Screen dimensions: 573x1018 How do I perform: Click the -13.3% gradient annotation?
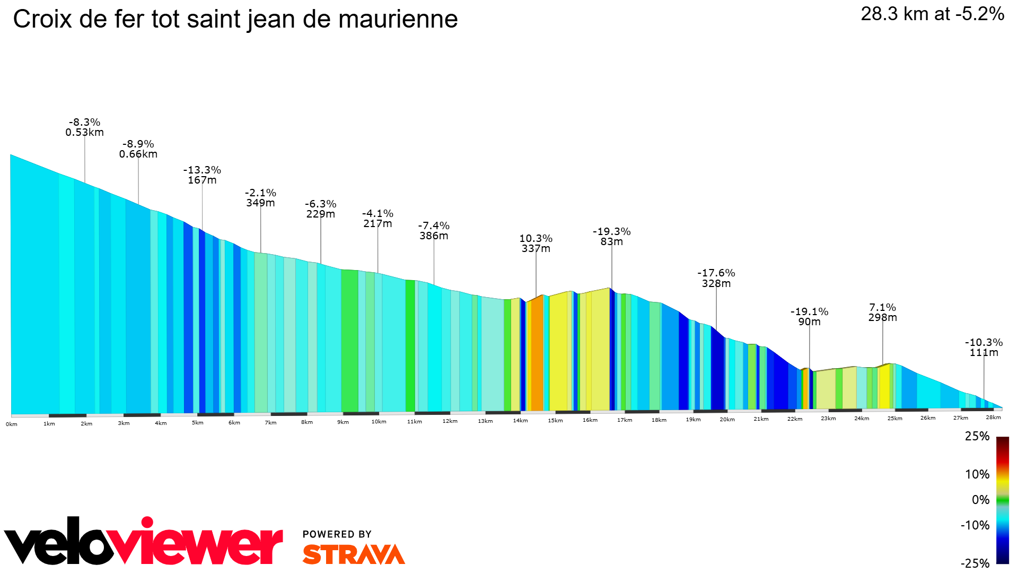[202, 175]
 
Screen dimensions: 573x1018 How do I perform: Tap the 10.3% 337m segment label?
[536, 244]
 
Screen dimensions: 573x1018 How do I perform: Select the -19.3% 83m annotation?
[611, 237]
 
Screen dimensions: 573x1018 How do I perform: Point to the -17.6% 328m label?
[716, 278]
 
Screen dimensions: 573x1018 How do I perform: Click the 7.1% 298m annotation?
[882, 312]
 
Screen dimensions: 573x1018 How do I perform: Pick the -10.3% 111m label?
[984, 348]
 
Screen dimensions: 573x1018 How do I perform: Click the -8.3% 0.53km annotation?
[84, 127]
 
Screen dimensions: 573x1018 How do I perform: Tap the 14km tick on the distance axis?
[520, 421]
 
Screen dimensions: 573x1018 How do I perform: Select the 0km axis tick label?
[12, 424]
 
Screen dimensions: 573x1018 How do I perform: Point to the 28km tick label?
[993, 418]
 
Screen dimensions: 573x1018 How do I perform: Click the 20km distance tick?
[727, 420]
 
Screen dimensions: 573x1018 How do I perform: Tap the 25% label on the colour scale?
[977, 436]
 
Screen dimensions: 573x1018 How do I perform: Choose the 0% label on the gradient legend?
[980, 500]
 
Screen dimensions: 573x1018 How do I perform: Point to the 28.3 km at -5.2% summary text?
[932, 14]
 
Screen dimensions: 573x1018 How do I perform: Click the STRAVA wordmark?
[354, 554]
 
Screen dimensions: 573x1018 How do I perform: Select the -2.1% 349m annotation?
[260, 198]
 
